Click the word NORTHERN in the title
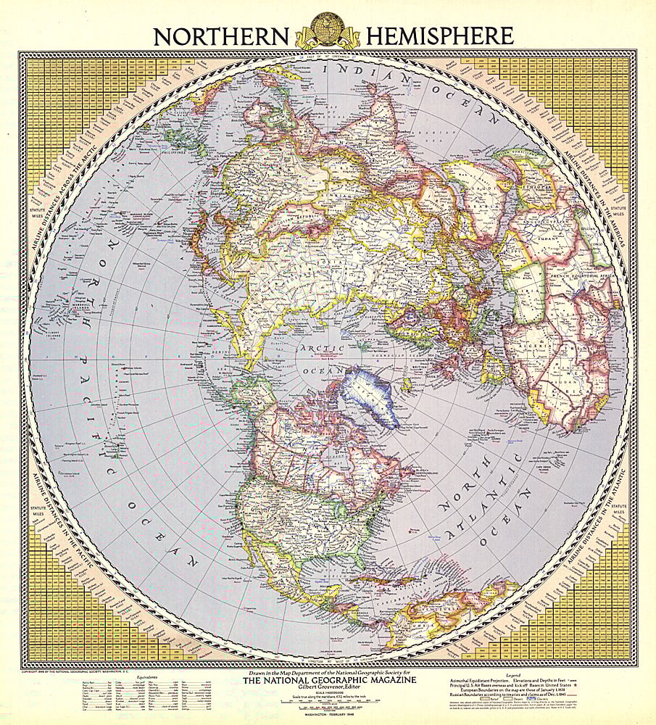(x=222, y=36)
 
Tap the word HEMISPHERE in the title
(x=440, y=36)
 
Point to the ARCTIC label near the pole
(x=320, y=349)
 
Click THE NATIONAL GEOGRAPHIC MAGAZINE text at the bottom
(x=328, y=680)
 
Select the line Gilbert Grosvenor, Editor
(x=328, y=688)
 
